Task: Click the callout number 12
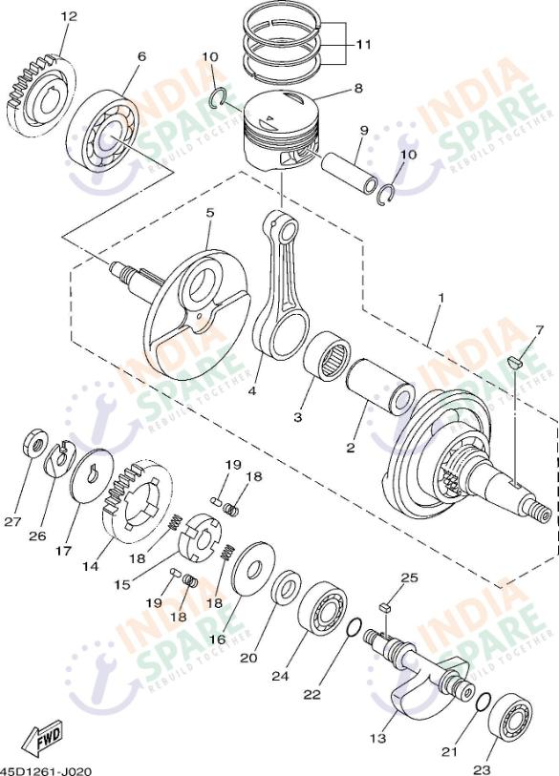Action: coord(67,17)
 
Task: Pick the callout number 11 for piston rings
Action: coord(364,44)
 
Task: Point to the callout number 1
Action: coord(441,299)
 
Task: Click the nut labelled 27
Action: coord(33,444)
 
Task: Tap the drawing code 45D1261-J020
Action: coord(46,768)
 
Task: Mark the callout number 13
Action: coord(378,738)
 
